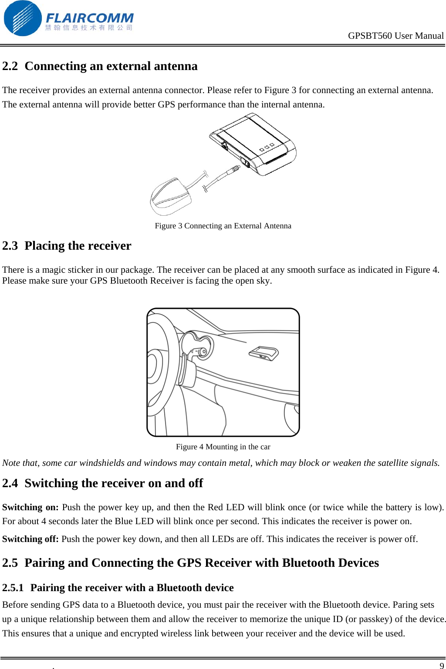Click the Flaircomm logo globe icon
pyautogui.click(x=22, y=18)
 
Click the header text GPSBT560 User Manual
pyautogui.click(x=395, y=36)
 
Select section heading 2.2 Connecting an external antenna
pyautogui.click(x=100, y=66)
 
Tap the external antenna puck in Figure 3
pyautogui.click(x=171, y=197)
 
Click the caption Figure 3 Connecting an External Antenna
pyautogui.click(x=223, y=226)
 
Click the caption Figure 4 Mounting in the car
pyautogui.click(x=223, y=447)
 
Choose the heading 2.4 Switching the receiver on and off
pyautogui.click(x=102, y=483)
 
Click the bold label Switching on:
pyautogui.click(x=30, y=507)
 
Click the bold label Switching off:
pyautogui.click(x=30, y=539)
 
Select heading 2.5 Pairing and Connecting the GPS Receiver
pyautogui.click(x=190, y=563)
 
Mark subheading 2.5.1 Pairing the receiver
pyautogui.click(x=118, y=588)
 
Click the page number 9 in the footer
pyautogui.click(x=442, y=666)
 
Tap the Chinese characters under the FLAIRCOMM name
pyautogui.click(x=89, y=28)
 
